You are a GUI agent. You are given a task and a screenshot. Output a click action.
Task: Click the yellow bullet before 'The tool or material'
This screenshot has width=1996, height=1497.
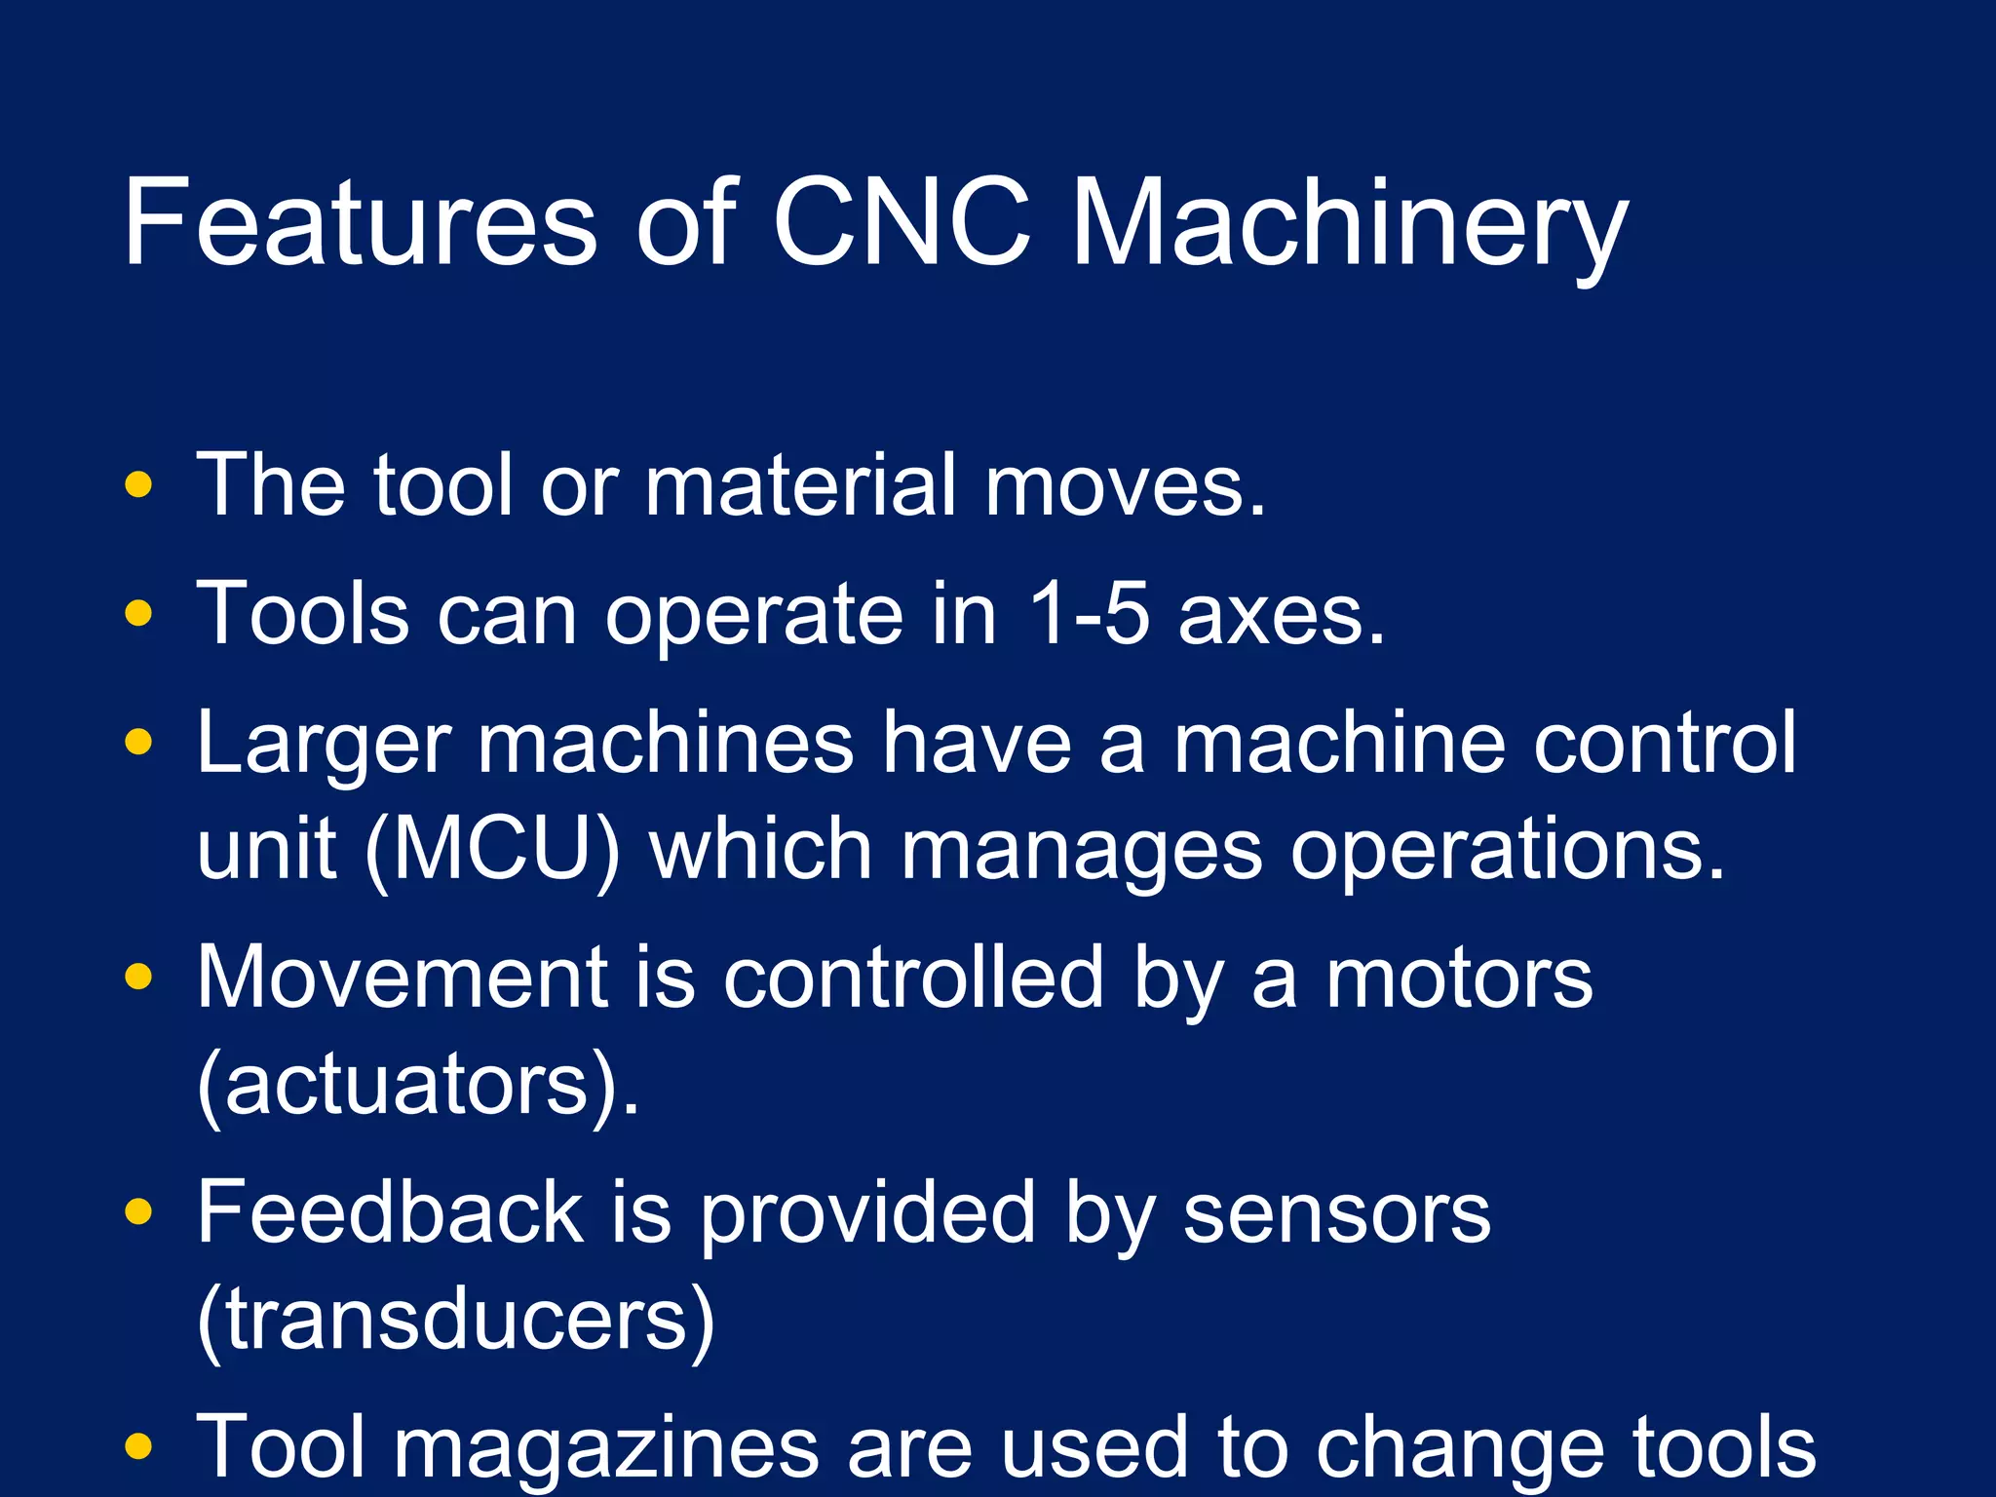(x=139, y=484)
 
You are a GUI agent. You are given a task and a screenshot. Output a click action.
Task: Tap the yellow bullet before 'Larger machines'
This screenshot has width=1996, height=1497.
(x=139, y=743)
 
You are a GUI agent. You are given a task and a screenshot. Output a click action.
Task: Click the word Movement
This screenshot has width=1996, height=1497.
(x=402, y=978)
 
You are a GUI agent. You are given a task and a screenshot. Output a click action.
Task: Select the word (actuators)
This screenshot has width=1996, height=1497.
(x=418, y=1085)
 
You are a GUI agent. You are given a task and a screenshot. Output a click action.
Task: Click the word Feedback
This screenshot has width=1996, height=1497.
(x=390, y=1212)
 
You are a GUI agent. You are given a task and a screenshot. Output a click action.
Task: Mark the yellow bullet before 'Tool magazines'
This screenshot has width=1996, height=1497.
(x=139, y=1446)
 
